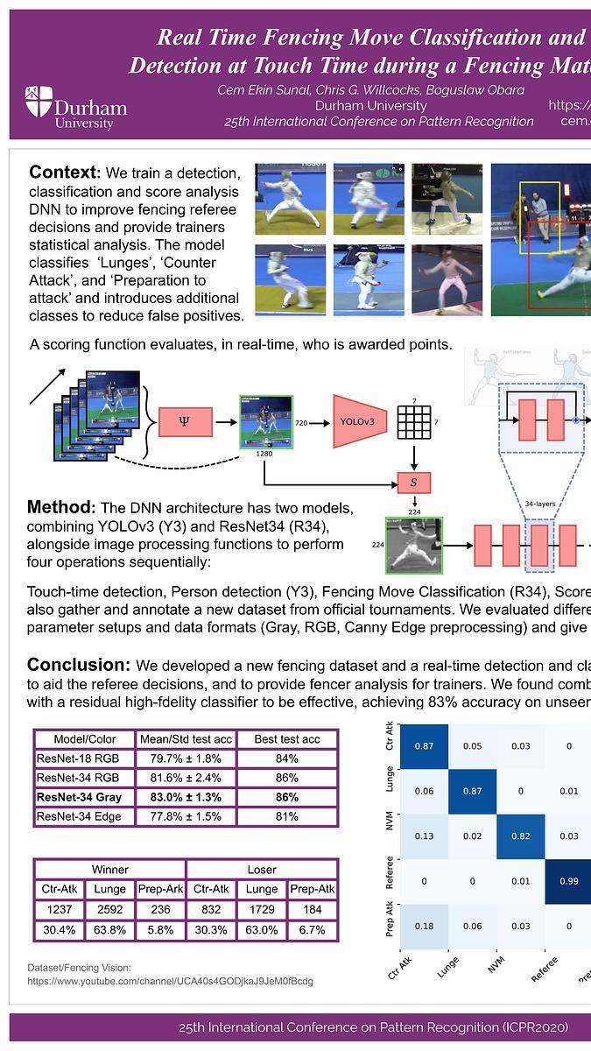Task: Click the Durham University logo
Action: pyautogui.click(x=76, y=108)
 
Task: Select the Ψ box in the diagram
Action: pyautogui.click(x=184, y=421)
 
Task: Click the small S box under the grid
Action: pyautogui.click(x=414, y=482)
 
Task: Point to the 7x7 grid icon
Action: pyautogui.click(x=414, y=422)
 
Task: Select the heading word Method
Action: pyautogui.click(x=59, y=508)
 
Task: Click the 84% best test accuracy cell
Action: pyautogui.click(x=287, y=758)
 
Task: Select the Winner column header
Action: pyautogui.click(x=109, y=870)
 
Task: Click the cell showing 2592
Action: pyautogui.click(x=109, y=910)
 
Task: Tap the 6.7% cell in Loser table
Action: pyautogui.click(x=313, y=929)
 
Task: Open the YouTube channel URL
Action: pyautogui.click(x=170, y=982)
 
